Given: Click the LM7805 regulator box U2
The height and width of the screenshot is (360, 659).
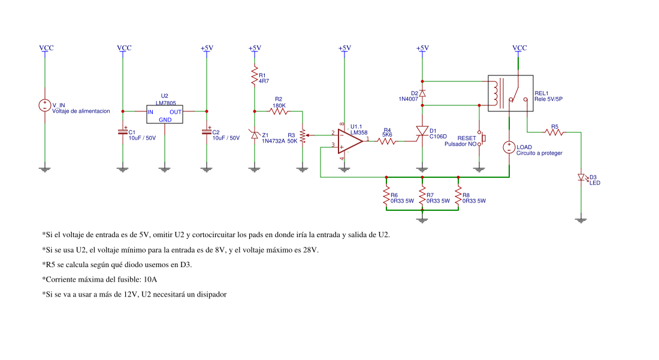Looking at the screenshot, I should pyautogui.click(x=165, y=115).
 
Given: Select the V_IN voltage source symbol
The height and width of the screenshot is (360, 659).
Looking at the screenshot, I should pyautogui.click(x=44, y=105).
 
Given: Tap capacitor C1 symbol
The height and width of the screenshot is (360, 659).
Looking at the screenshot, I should pyautogui.click(x=123, y=132).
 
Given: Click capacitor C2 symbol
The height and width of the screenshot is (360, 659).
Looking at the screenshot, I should pyautogui.click(x=207, y=132).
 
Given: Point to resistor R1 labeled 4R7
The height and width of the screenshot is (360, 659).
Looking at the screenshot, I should pyautogui.click(x=255, y=76).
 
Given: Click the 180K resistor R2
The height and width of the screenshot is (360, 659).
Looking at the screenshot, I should pyautogui.click(x=279, y=111).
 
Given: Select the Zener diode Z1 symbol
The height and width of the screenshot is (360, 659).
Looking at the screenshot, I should pyautogui.click(x=255, y=135).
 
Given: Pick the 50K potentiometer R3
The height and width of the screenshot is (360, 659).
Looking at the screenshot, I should pyautogui.click(x=303, y=135).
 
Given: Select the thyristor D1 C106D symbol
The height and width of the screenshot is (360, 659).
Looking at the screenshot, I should pyautogui.click(x=422, y=131).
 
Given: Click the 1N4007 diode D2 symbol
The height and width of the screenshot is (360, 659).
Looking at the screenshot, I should pyautogui.click(x=422, y=93).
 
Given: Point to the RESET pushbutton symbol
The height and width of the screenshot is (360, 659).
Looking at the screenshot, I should pyautogui.click(x=480, y=138).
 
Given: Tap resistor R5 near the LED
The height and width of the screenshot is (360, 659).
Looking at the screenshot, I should pyautogui.click(x=555, y=132).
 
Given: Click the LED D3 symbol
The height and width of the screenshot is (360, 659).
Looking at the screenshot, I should pyautogui.click(x=580, y=177).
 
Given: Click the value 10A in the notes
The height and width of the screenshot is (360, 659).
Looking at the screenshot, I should pyautogui.click(x=152, y=279).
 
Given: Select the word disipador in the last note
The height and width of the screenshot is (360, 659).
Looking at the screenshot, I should pyautogui.click(x=210, y=294).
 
